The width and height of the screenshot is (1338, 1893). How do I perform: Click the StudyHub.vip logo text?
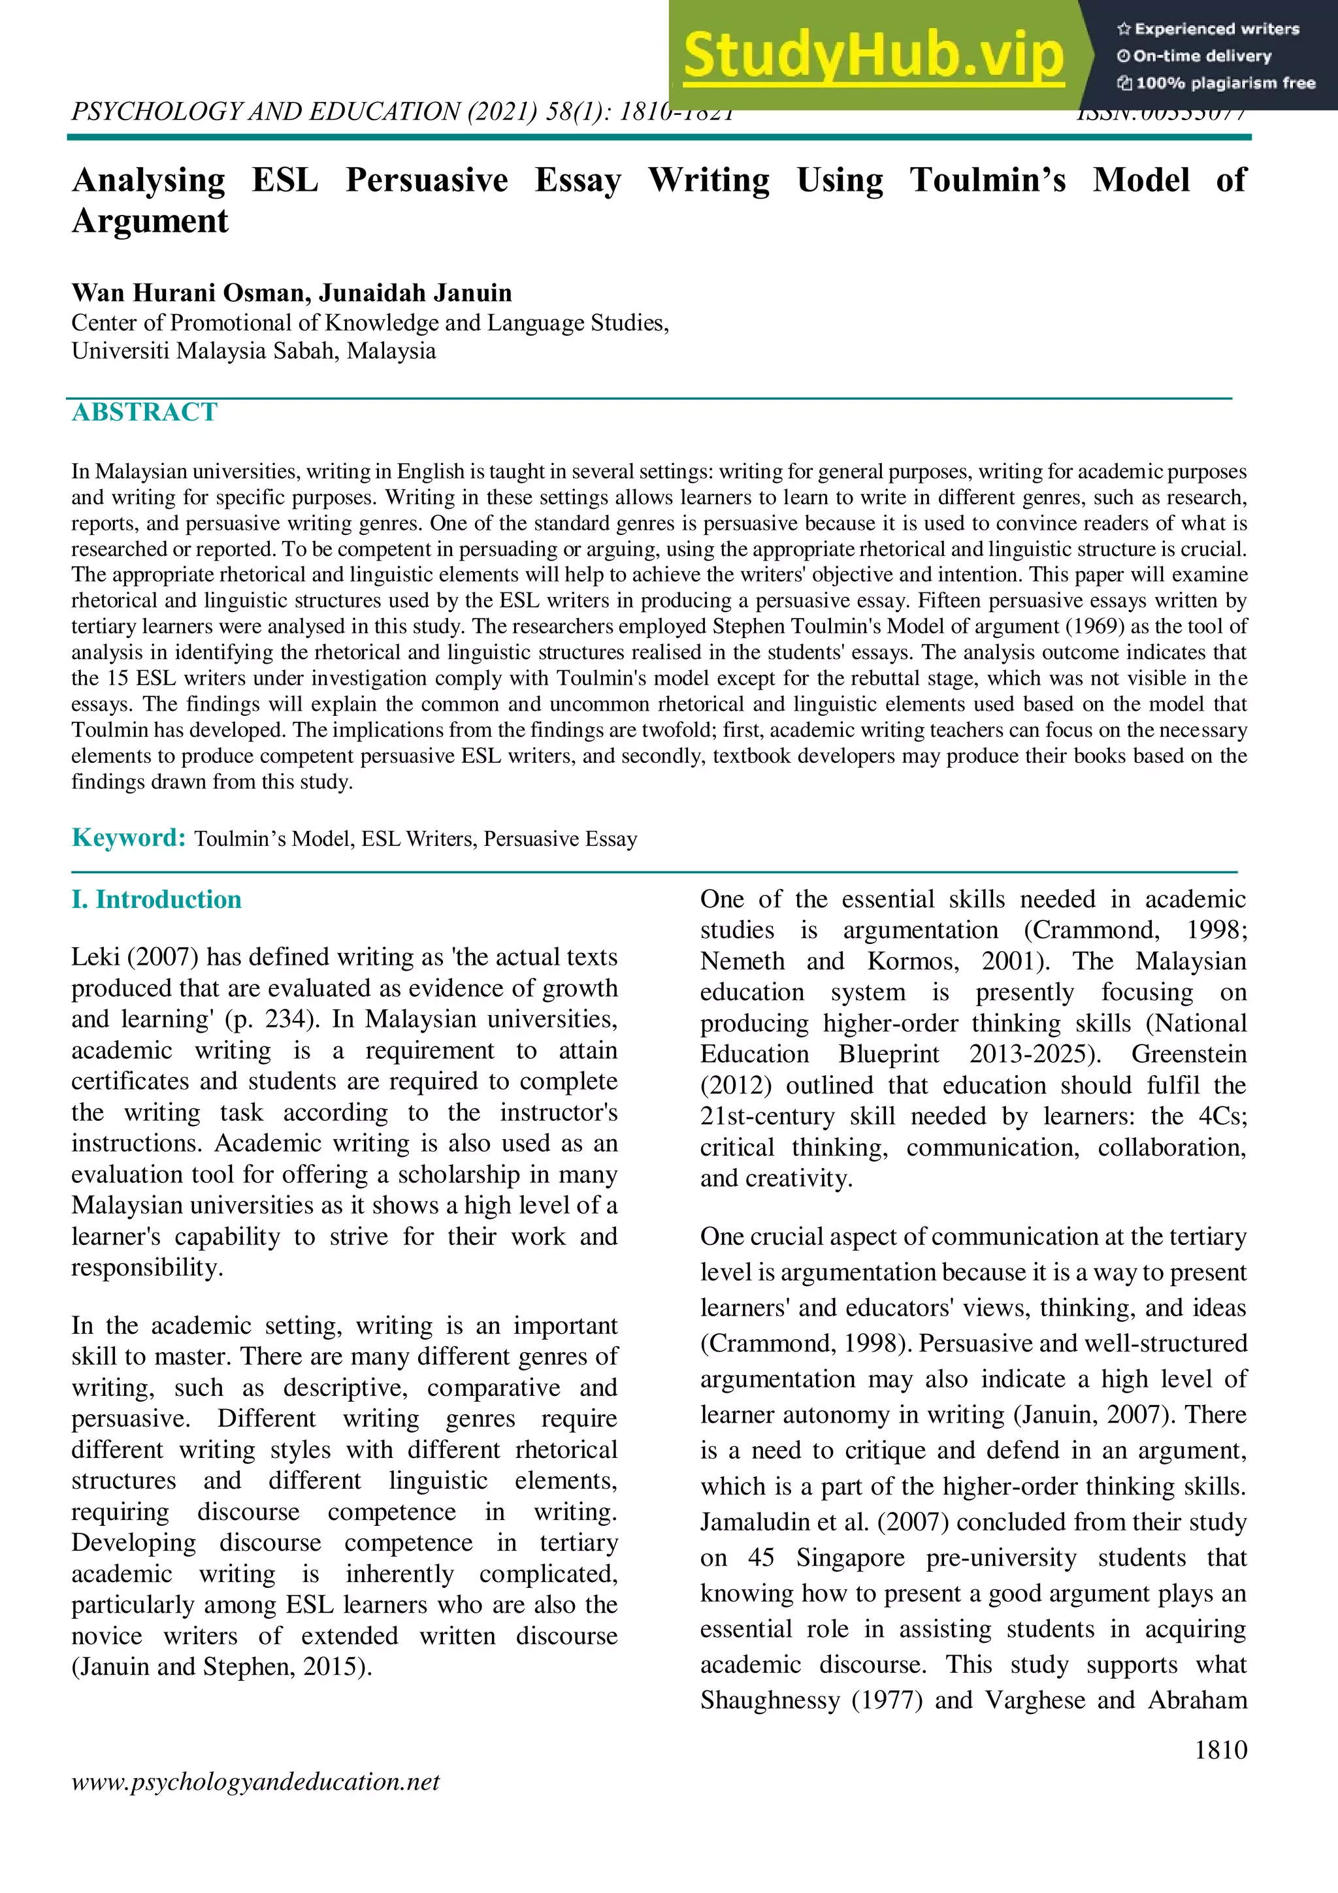[874, 56]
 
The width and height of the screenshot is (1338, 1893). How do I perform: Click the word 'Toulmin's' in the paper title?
[987, 180]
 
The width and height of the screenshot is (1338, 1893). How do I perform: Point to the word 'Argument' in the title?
[150, 221]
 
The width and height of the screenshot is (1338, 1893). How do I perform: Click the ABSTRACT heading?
[144, 412]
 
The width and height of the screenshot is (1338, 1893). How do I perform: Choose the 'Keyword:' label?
[129, 837]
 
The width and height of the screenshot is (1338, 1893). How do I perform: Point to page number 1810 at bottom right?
[1221, 1749]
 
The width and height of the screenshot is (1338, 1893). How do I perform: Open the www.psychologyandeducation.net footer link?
[255, 1782]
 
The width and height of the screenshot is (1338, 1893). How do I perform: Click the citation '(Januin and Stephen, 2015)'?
[221, 1667]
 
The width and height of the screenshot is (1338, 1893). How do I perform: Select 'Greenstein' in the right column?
[1188, 1054]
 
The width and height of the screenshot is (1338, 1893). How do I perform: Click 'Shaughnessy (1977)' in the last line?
[811, 1700]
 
